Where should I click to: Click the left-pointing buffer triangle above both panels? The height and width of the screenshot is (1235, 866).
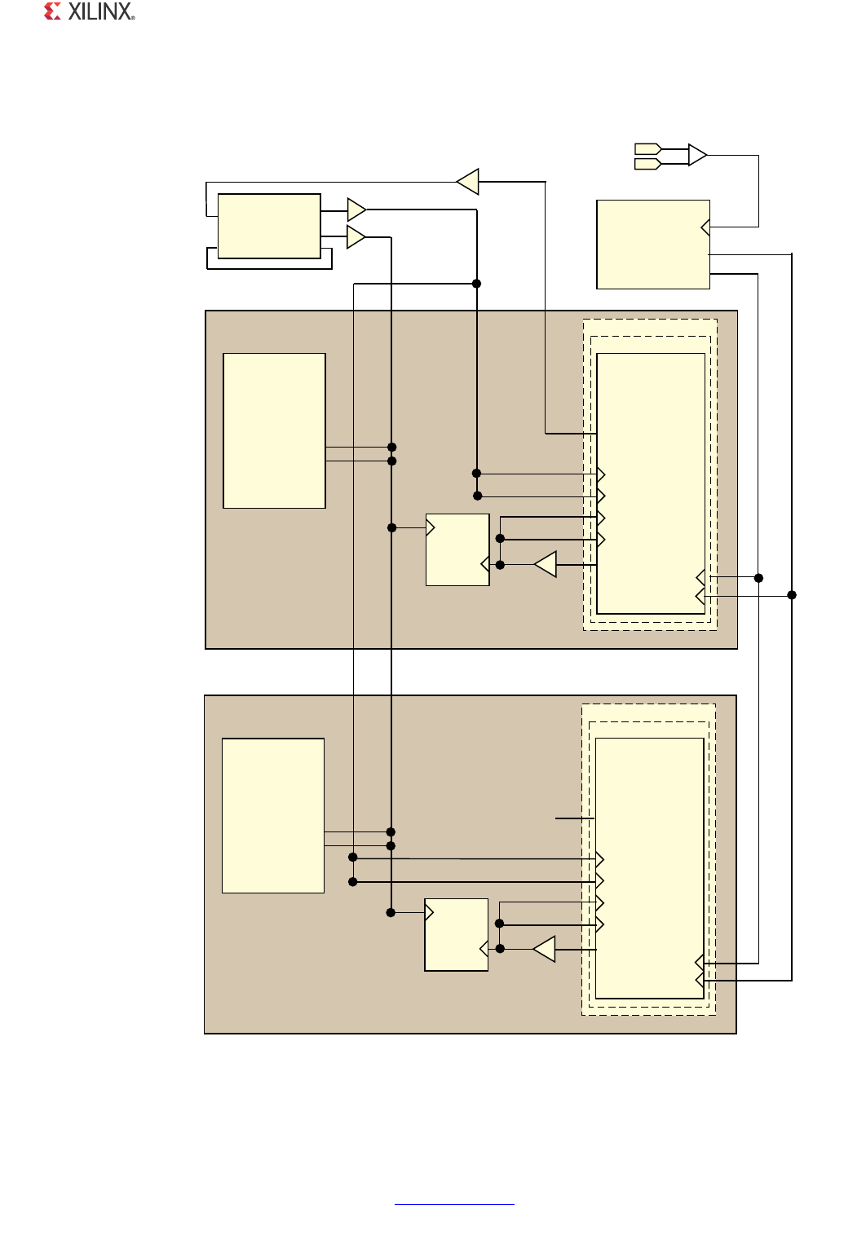tap(468, 182)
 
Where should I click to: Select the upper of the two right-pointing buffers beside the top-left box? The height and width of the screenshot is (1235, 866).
tap(356, 210)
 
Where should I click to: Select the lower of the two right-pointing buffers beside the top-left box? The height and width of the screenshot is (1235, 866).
tap(356, 237)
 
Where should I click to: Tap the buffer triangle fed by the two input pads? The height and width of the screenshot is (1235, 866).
tap(697, 155)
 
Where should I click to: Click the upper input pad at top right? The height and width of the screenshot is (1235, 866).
tap(647, 149)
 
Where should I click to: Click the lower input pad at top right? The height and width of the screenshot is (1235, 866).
tap(647, 164)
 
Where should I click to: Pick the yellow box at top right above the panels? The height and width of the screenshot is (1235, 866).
tap(653, 245)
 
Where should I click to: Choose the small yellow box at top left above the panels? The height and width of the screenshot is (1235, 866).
tap(269, 227)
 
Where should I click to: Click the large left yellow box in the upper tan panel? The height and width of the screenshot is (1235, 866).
tap(274, 430)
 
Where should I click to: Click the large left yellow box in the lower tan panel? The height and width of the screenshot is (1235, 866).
tap(273, 815)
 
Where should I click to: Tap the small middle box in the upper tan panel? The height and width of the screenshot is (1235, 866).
tap(457, 549)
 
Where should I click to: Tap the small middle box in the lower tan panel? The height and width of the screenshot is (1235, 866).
tap(457, 934)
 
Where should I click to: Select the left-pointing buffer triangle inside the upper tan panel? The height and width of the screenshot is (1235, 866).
tap(546, 564)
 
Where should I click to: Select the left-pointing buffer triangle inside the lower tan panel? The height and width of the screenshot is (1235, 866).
tap(545, 949)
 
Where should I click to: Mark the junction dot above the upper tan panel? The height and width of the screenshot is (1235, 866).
tap(477, 284)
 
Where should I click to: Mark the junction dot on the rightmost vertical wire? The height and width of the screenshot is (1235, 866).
tap(792, 595)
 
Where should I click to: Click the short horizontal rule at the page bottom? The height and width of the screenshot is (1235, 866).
tap(454, 1204)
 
